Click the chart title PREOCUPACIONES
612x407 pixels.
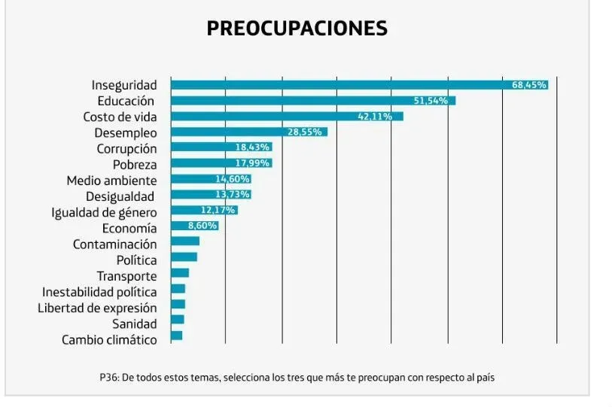coord(297,29)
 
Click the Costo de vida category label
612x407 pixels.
coord(120,117)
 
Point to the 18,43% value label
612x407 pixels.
coord(252,147)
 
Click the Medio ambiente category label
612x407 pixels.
coord(111,181)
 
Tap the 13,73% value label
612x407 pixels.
coord(232,195)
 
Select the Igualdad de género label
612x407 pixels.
coord(104,213)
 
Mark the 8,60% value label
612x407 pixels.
coord(202,226)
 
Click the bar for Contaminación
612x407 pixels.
coord(185,241)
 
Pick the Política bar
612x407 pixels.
coord(184,257)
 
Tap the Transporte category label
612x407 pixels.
coord(126,276)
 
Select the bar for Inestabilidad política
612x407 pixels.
coord(178,288)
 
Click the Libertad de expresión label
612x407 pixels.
coord(97,308)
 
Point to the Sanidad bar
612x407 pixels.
coord(178,320)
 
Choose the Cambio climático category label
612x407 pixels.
coord(109,340)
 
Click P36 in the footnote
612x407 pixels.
coord(108,377)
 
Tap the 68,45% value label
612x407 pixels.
coord(528,85)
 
